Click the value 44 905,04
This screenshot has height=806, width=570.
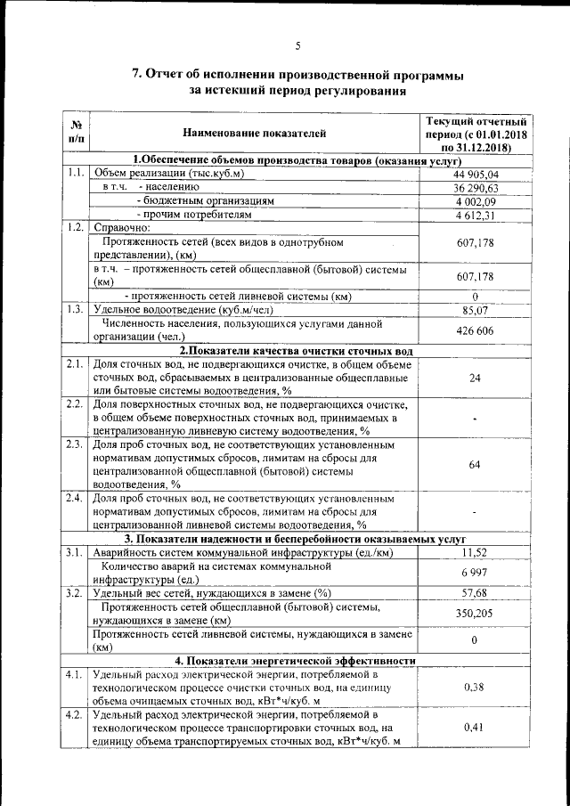point(476,174)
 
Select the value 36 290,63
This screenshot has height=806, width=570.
point(476,188)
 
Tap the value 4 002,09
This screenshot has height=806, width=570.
point(476,201)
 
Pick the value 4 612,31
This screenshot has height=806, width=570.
point(476,215)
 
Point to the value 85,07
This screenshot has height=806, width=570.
point(476,310)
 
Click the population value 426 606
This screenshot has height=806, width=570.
point(476,330)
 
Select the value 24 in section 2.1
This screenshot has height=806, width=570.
point(476,378)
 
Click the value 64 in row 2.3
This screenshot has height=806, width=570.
point(476,464)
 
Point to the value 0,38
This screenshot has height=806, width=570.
point(476,688)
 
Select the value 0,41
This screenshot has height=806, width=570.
point(476,728)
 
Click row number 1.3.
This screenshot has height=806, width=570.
point(76,309)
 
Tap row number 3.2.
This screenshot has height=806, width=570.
point(76,592)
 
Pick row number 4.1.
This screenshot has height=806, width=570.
point(76,674)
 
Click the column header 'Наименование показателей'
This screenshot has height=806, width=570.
point(255,134)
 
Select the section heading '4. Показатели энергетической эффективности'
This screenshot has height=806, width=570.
point(296,660)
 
